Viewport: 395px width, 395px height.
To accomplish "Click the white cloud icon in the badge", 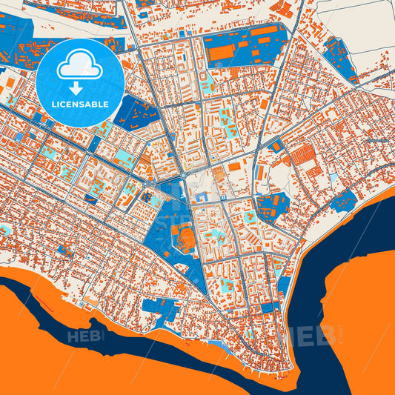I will pyautogui.click(x=79, y=67).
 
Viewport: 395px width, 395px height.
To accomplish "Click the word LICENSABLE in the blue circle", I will pyautogui.click(x=79, y=104).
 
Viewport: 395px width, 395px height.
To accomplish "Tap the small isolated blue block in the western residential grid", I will pyautogui.click(x=91, y=198).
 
